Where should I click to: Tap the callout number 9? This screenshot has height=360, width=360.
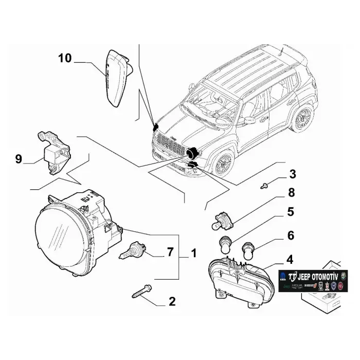tap(19, 159)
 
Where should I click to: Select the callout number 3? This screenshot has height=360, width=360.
tap(292, 173)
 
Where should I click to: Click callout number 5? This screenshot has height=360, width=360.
tap(291, 211)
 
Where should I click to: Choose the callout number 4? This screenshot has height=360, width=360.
tap(291, 259)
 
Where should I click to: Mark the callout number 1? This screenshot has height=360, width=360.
tap(194, 253)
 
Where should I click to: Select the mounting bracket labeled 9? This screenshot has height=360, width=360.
tap(53, 152)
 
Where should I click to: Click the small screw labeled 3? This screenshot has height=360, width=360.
tap(264, 184)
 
